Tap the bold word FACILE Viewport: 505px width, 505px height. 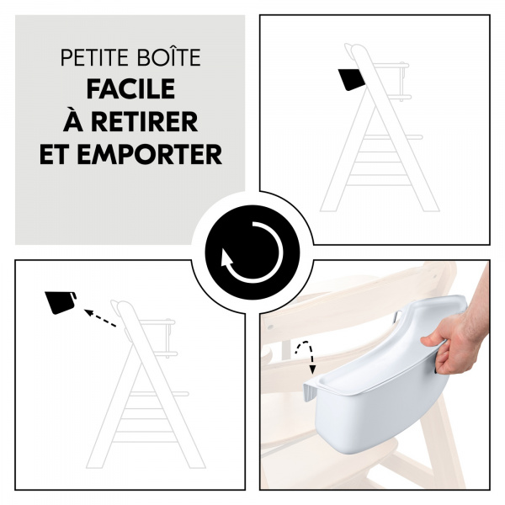point(130,90)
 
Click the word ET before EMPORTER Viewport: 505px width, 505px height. point(61,155)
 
